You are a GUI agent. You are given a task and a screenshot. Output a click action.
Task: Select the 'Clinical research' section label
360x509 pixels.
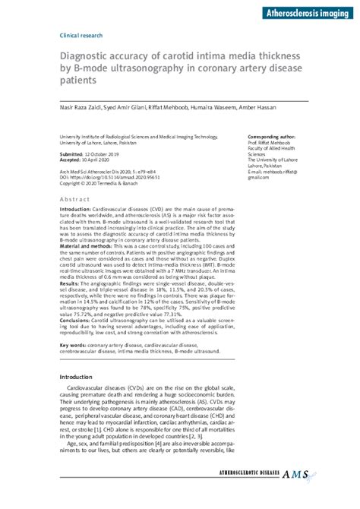(x=81, y=36)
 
